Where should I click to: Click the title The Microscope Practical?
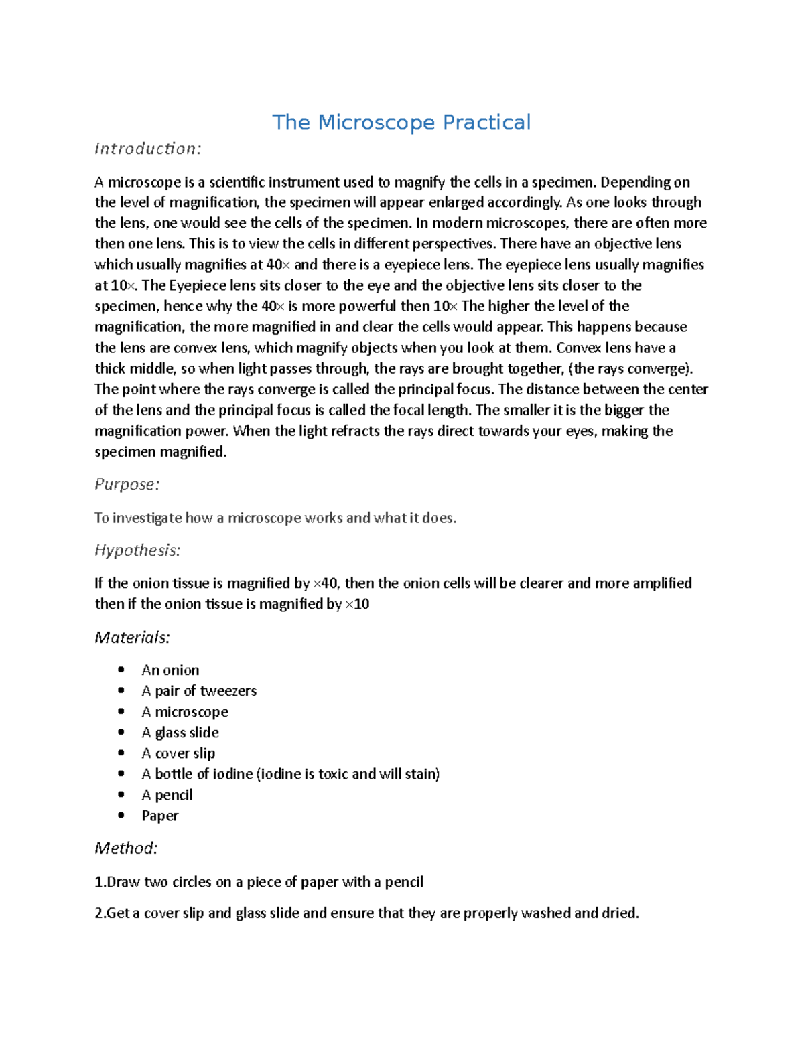click(401, 123)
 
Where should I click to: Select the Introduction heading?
click(147, 148)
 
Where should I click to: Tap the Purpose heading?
click(127, 484)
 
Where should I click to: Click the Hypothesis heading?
click(137, 550)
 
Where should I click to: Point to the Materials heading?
click(132, 637)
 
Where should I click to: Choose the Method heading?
click(126, 848)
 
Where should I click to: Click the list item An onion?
click(170, 670)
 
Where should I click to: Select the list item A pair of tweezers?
click(199, 691)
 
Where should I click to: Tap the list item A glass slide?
click(180, 733)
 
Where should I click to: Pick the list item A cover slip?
click(178, 753)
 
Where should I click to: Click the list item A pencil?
click(167, 795)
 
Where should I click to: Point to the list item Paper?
click(159, 816)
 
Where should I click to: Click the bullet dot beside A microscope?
click(121, 711)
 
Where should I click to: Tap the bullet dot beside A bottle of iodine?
click(121, 773)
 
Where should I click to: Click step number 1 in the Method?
click(100, 882)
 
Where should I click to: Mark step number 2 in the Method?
click(100, 913)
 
